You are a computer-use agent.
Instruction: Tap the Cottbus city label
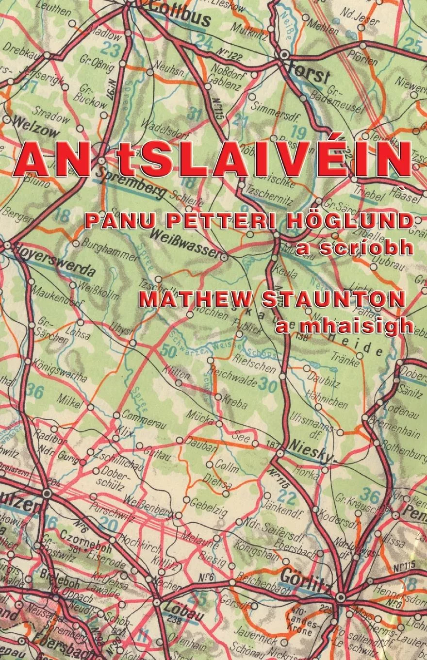[180, 15]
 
